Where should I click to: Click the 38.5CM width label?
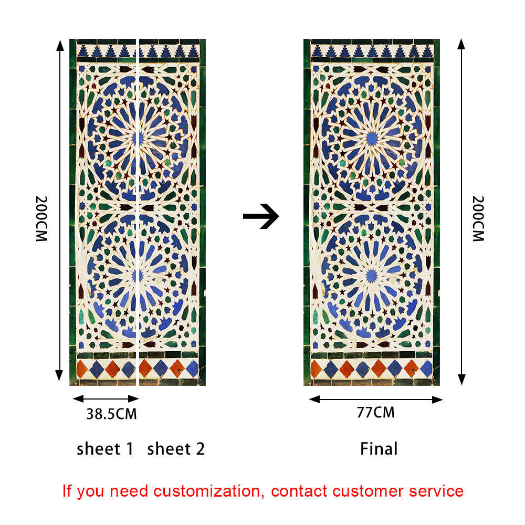click(111, 414)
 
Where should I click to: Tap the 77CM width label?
click(375, 413)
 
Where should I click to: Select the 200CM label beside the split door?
click(42, 218)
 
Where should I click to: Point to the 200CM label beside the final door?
click(478, 218)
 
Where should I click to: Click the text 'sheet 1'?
click(105, 449)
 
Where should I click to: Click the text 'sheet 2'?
click(176, 449)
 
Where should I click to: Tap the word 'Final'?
click(379, 449)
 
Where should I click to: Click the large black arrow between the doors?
click(261, 216)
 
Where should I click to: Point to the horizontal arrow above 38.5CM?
click(104, 399)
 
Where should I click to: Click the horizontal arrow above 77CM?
click(375, 400)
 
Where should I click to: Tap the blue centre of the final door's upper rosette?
click(372, 138)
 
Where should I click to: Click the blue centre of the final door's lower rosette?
click(372, 275)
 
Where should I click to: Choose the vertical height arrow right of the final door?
click(461, 210)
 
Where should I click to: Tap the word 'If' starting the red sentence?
click(67, 491)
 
